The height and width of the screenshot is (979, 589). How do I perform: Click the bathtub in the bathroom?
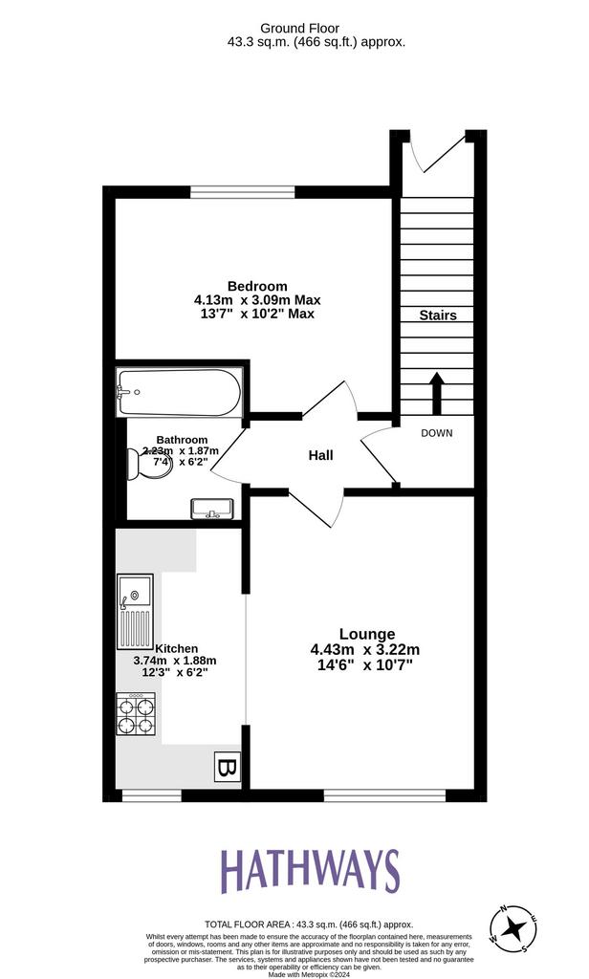click(x=177, y=392)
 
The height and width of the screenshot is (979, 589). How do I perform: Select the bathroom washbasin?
click(x=211, y=508)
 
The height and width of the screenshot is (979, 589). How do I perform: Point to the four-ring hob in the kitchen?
click(x=135, y=713)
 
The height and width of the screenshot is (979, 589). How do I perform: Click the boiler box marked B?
click(x=227, y=766)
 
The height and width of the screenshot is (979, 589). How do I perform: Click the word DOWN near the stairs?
click(x=436, y=433)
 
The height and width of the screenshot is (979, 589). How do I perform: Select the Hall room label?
click(x=320, y=456)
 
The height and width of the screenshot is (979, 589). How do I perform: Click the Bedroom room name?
click(x=257, y=286)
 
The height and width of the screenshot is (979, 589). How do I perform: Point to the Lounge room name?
click(x=366, y=634)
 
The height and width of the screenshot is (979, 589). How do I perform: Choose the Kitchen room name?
click(x=177, y=647)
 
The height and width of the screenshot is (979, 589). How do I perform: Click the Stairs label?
click(x=438, y=315)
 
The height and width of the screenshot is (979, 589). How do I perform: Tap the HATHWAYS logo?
click(x=310, y=871)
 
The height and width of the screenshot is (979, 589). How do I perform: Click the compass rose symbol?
click(x=516, y=926)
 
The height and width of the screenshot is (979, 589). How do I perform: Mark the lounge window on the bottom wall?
click(x=384, y=795)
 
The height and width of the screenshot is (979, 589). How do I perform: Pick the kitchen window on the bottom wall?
click(x=151, y=795)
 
